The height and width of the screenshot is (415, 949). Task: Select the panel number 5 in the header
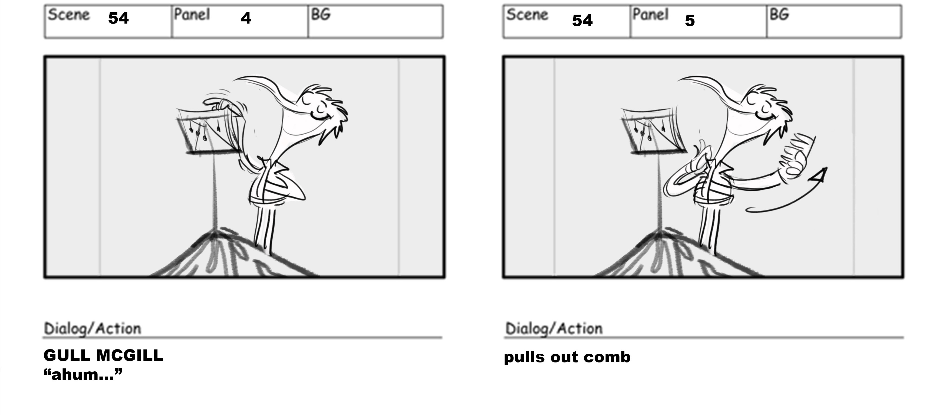click(x=690, y=20)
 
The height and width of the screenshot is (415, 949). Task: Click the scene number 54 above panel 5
click(x=582, y=20)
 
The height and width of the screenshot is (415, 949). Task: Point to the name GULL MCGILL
click(x=103, y=355)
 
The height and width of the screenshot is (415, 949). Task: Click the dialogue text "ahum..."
click(x=83, y=374)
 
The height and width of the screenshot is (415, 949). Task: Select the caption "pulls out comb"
click(x=567, y=357)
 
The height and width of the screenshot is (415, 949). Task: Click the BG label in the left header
click(x=321, y=15)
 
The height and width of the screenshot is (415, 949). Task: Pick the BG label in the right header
click(x=779, y=15)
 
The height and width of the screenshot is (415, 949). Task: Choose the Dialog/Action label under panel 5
click(x=554, y=329)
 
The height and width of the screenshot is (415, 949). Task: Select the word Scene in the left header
click(x=68, y=15)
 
